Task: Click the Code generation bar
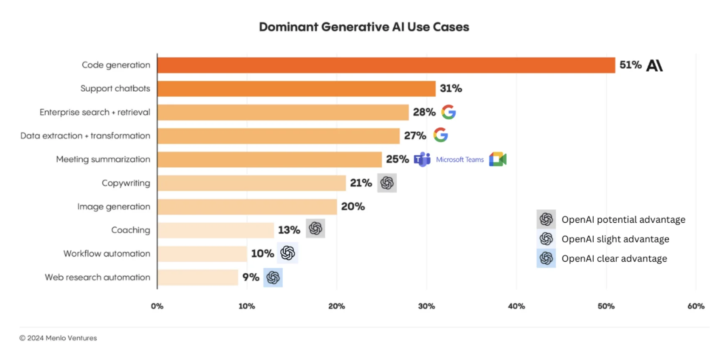[386, 65]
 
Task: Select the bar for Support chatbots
[296, 89]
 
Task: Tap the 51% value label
[630, 65]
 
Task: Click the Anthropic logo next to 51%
[654, 66]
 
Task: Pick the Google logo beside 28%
[449, 112]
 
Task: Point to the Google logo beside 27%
[440, 135]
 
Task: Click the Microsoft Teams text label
[459, 159]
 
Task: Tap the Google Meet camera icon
[497, 159]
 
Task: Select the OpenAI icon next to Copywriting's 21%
[387, 183]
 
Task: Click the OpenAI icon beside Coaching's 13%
[315, 229]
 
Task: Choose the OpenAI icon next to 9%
[273, 278]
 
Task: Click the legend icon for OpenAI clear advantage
[546, 258]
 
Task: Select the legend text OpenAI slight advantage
[615, 239]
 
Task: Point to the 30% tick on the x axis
[426, 306]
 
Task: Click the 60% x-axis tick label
[695, 306]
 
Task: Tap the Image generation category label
[113, 207]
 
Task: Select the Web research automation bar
[197, 278]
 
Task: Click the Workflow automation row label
[107, 254]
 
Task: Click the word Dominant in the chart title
[288, 27]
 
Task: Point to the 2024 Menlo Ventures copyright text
[58, 338]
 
